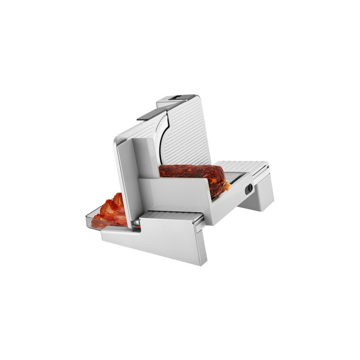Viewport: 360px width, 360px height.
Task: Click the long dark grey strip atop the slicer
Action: click(x=152, y=113)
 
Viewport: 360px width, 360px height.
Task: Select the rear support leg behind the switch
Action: click(x=259, y=193)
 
